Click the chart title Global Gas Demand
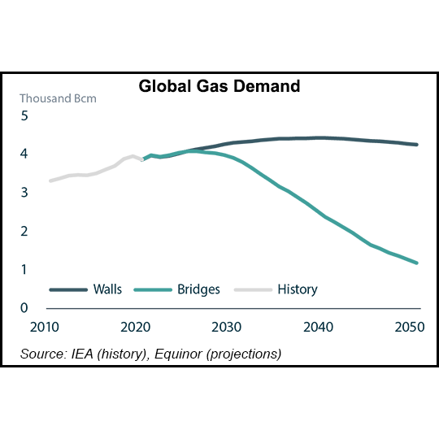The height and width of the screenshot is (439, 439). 219,86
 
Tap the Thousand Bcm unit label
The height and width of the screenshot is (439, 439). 58,99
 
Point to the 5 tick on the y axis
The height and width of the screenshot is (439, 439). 24,115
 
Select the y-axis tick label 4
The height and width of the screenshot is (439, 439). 24,154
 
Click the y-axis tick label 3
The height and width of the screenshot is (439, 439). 24,193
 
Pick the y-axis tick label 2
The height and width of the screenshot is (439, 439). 24,232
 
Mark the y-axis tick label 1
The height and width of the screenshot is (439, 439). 24,270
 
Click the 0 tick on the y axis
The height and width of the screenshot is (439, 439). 24,308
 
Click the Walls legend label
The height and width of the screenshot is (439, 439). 107,289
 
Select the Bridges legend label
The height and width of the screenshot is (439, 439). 198,289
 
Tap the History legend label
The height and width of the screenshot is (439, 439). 297,289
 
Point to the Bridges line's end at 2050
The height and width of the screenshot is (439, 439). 417,263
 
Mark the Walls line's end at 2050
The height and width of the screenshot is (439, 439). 417,145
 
